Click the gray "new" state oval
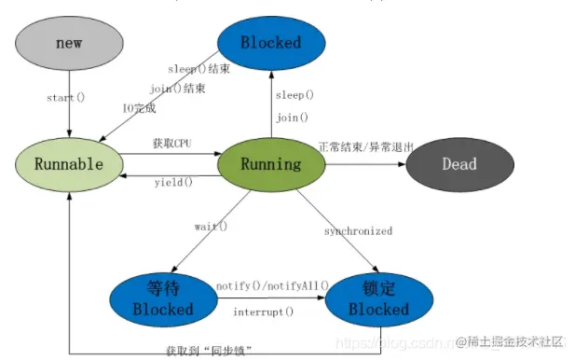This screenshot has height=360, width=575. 70,43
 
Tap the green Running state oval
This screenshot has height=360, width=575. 271,164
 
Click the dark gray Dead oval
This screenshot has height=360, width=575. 459,164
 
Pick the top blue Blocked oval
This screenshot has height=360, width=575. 271,42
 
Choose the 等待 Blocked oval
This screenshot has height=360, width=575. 162,298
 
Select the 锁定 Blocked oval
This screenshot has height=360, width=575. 378,298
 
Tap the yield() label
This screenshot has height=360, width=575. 173,182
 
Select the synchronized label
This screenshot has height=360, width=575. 358,230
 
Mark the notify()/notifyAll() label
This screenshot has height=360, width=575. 272,284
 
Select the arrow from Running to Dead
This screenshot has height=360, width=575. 364,164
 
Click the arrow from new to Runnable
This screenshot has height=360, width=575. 70,117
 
